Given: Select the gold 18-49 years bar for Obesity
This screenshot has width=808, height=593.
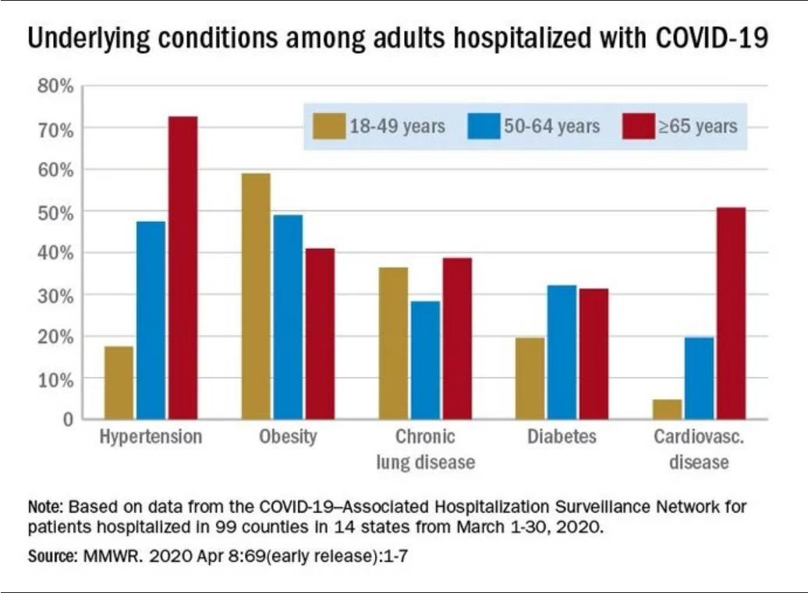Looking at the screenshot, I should click(x=255, y=296).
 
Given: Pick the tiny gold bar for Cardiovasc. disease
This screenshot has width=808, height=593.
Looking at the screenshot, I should click(x=667, y=409).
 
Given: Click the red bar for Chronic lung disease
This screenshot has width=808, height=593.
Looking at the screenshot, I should click(x=457, y=339).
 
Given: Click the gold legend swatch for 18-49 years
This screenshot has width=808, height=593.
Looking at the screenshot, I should click(x=328, y=126).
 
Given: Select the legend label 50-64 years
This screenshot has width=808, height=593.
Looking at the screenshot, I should click(x=551, y=126).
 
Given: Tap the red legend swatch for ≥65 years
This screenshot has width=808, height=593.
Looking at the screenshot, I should click(x=638, y=126).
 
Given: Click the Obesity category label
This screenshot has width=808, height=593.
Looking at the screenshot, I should click(x=288, y=436).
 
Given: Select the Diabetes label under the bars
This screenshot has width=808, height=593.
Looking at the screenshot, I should click(x=562, y=436).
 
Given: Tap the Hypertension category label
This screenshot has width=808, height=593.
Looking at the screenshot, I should click(x=151, y=436).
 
